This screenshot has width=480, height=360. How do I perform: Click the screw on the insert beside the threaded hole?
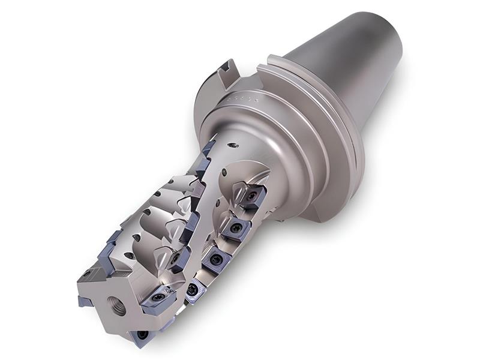click(x=159, y=296)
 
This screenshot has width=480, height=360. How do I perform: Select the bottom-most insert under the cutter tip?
click(x=142, y=336)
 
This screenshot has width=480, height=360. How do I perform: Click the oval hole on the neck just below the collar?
click(x=236, y=145)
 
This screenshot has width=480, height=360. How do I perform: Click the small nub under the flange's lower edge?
click(x=280, y=220)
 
